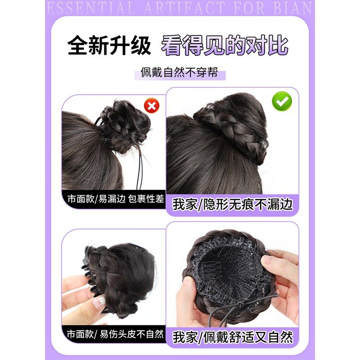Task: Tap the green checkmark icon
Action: click(x=282, y=102)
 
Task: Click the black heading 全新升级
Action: click(x=109, y=46)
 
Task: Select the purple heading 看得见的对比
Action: click(x=225, y=46)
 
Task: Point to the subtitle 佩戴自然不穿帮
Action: click(x=180, y=72)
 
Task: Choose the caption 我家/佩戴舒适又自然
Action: click(x=233, y=337)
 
